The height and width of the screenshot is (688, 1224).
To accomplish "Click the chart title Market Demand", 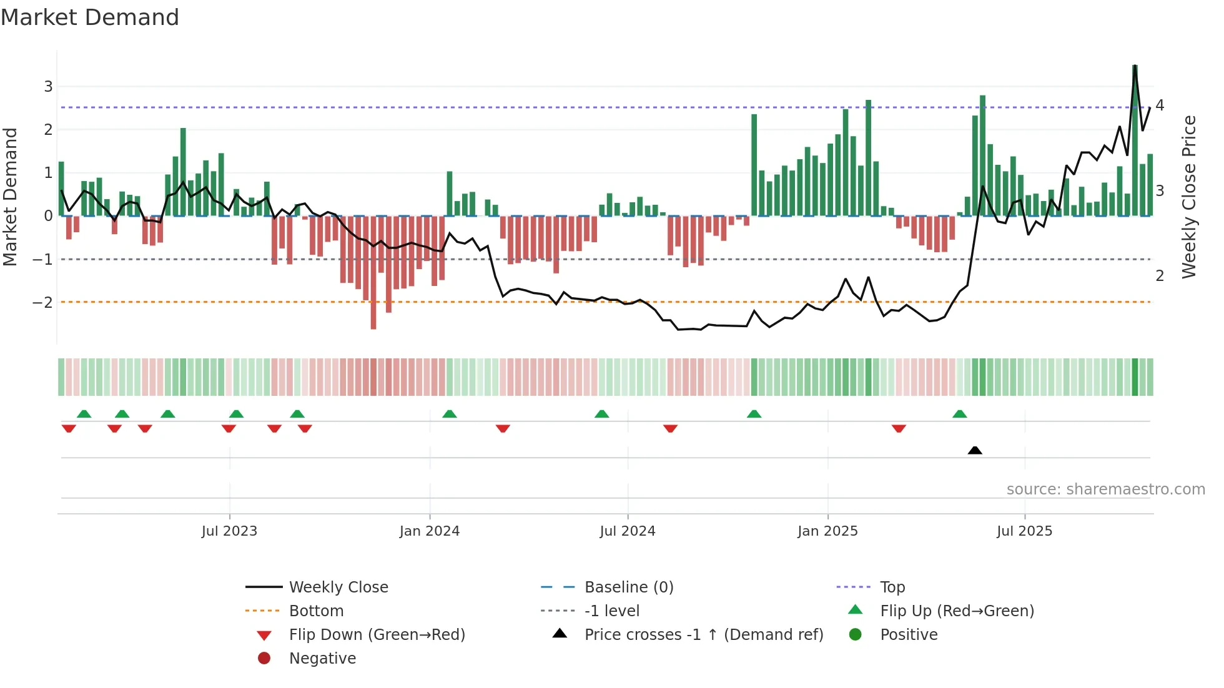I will point(90,17).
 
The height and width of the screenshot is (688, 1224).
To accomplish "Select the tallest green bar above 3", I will point(1135,140).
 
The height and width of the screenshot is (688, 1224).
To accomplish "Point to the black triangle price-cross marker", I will point(975,450).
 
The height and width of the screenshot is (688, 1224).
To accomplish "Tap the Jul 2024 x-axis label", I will point(628,531).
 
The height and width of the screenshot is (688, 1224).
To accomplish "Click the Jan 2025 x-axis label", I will point(827,531).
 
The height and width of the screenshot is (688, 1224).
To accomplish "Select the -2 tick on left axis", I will point(43,303).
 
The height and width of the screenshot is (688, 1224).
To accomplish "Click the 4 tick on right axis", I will point(1160,105).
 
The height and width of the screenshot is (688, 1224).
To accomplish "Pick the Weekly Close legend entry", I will point(338,587).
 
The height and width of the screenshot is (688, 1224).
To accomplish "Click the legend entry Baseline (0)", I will point(628,587).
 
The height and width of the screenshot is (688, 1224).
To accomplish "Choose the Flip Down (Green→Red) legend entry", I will point(377,635).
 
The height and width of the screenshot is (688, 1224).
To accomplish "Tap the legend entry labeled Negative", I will point(322,659).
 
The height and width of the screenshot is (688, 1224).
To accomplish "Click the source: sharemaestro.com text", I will point(1105,489).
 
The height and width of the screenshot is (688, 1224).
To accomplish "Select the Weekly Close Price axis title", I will point(1189,197).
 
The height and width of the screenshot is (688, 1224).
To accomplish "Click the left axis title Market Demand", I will point(10,197).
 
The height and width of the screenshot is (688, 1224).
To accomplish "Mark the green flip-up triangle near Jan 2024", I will point(450,414).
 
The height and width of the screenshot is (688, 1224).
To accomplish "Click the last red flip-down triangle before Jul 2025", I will point(899,428).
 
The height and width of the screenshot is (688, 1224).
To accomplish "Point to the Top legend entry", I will point(892,587).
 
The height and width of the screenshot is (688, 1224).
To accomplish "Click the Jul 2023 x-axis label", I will point(229,531).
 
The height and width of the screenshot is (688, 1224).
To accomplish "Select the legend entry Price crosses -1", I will point(703,635).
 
